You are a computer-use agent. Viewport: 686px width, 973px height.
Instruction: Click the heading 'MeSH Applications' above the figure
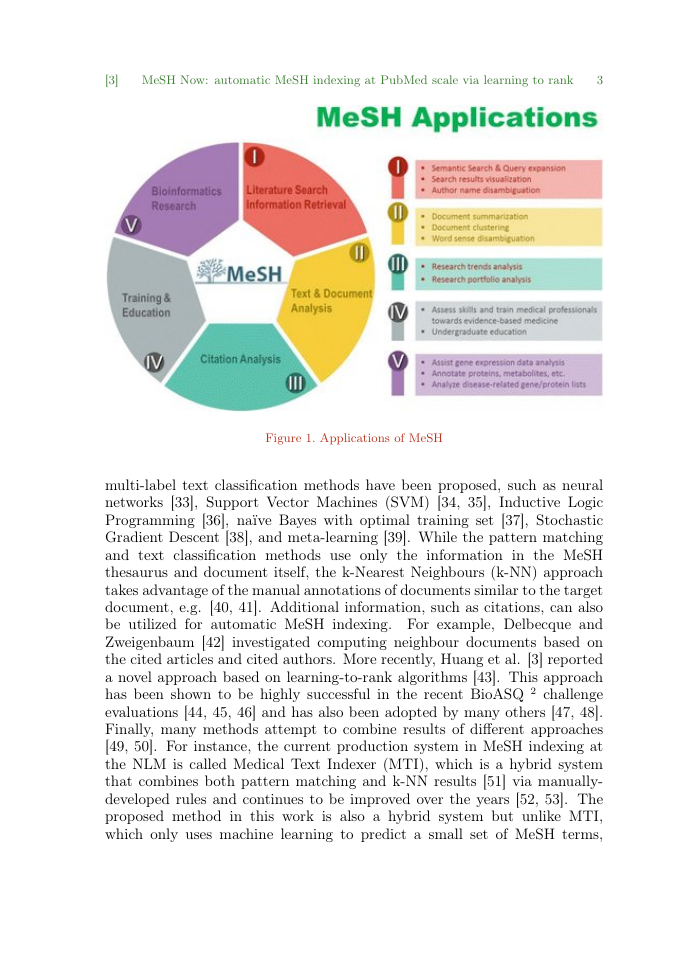(456, 118)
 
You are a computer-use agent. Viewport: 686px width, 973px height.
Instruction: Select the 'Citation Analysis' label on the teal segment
(241, 358)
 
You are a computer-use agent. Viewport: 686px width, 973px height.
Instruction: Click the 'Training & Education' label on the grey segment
(146, 305)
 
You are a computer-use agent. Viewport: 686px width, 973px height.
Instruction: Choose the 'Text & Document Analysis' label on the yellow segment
(330, 301)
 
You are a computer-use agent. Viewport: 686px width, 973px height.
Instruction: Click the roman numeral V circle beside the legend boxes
(397, 360)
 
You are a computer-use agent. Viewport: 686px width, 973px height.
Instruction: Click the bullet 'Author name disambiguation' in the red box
(485, 189)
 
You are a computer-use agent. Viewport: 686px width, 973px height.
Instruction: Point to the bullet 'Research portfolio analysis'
(480, 280)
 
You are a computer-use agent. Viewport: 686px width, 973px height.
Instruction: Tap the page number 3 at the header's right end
(598, 79)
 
